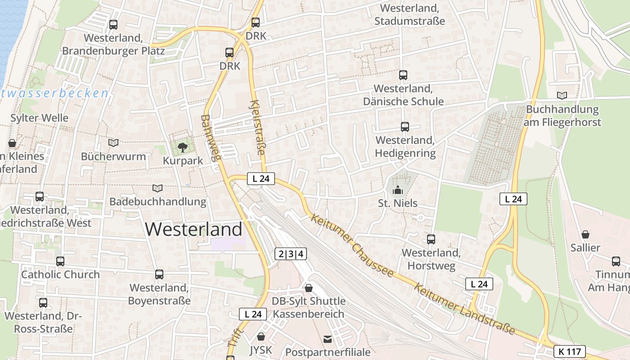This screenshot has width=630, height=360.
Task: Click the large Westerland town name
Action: pyautogui.click(x=193, y=229)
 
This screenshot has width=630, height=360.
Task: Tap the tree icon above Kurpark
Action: pyautogui.click(x=183, y=147)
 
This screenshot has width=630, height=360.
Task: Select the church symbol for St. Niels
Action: pyautogui.click(x=397, y=190)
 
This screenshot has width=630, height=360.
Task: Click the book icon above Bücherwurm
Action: pyautogui.click(x=113, y=143)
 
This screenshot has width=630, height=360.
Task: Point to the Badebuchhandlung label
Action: pyautogui.click(x=158, y=201)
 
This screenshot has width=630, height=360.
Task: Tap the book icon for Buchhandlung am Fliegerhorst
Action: pyautogui.click(x=562, y=95)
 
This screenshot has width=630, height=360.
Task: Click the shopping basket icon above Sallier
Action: pyautogui.click(x=585, y=234)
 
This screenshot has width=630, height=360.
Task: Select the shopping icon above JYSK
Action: pyautogui.click(x=261, y=336)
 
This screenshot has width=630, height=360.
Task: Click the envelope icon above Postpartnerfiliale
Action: pyautogui.click(x=328, y=339)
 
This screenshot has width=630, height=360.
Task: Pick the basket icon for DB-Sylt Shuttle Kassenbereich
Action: pyautogui.click(x=309, y=288)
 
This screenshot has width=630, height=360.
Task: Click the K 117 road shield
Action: pyautogui.click(x=570, y=351)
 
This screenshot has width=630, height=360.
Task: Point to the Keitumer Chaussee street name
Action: pyautogui.click(x=352, y=245)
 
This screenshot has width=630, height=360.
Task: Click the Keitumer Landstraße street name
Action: pyautogui.click(x=464, y=309)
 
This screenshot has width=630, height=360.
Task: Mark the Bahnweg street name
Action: pyautogui.click(x=211, y=138)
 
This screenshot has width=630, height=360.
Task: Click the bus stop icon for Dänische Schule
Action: pyautogui.click(x=403, y=75)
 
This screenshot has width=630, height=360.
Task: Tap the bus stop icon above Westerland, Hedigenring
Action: pyautogui.click(x=405, y=127)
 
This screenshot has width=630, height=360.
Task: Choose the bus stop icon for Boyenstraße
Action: pyautogui.click(x=159, y=274)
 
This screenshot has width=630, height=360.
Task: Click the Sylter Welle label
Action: pyautogui.click(x=40, y=118)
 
